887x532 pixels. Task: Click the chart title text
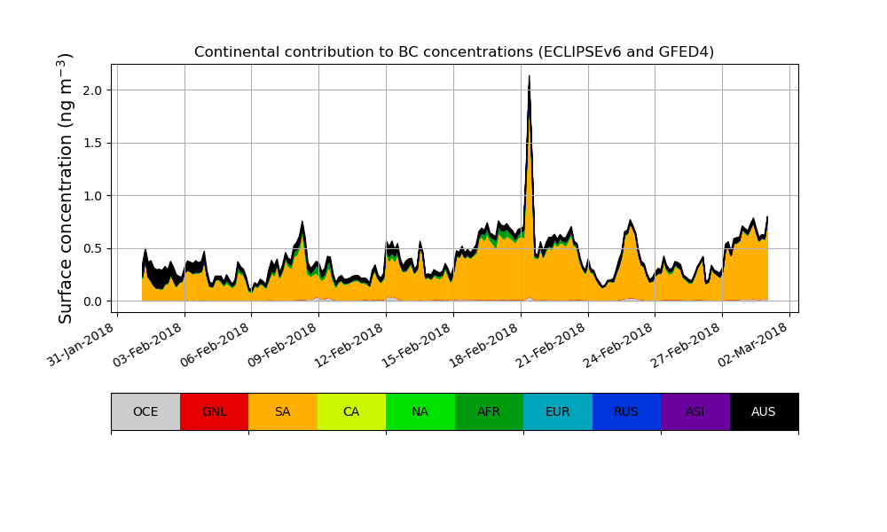tap(454, 51)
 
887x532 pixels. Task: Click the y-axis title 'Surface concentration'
tap(66, 188)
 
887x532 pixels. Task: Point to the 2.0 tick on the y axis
tap(91, 90)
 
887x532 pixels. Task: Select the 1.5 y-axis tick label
tap(91, 143)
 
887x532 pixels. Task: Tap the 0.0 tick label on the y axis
tap(91, 301)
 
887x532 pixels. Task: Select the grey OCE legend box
tap(145, 411)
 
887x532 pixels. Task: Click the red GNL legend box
tap(214, 411)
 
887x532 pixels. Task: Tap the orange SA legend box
tap(283, 411)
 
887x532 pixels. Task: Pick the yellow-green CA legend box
tap(351, 411)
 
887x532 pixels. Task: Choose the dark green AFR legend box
tap(489, 411)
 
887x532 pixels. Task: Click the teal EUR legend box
tap(558, 411)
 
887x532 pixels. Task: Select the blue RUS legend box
tap(626, 411)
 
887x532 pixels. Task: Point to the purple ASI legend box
tap(695, 411)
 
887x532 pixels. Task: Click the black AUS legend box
tap(764, 411)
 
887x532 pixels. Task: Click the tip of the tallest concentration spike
tap(530, 76)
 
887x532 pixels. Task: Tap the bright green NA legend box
tap(420, 411)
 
